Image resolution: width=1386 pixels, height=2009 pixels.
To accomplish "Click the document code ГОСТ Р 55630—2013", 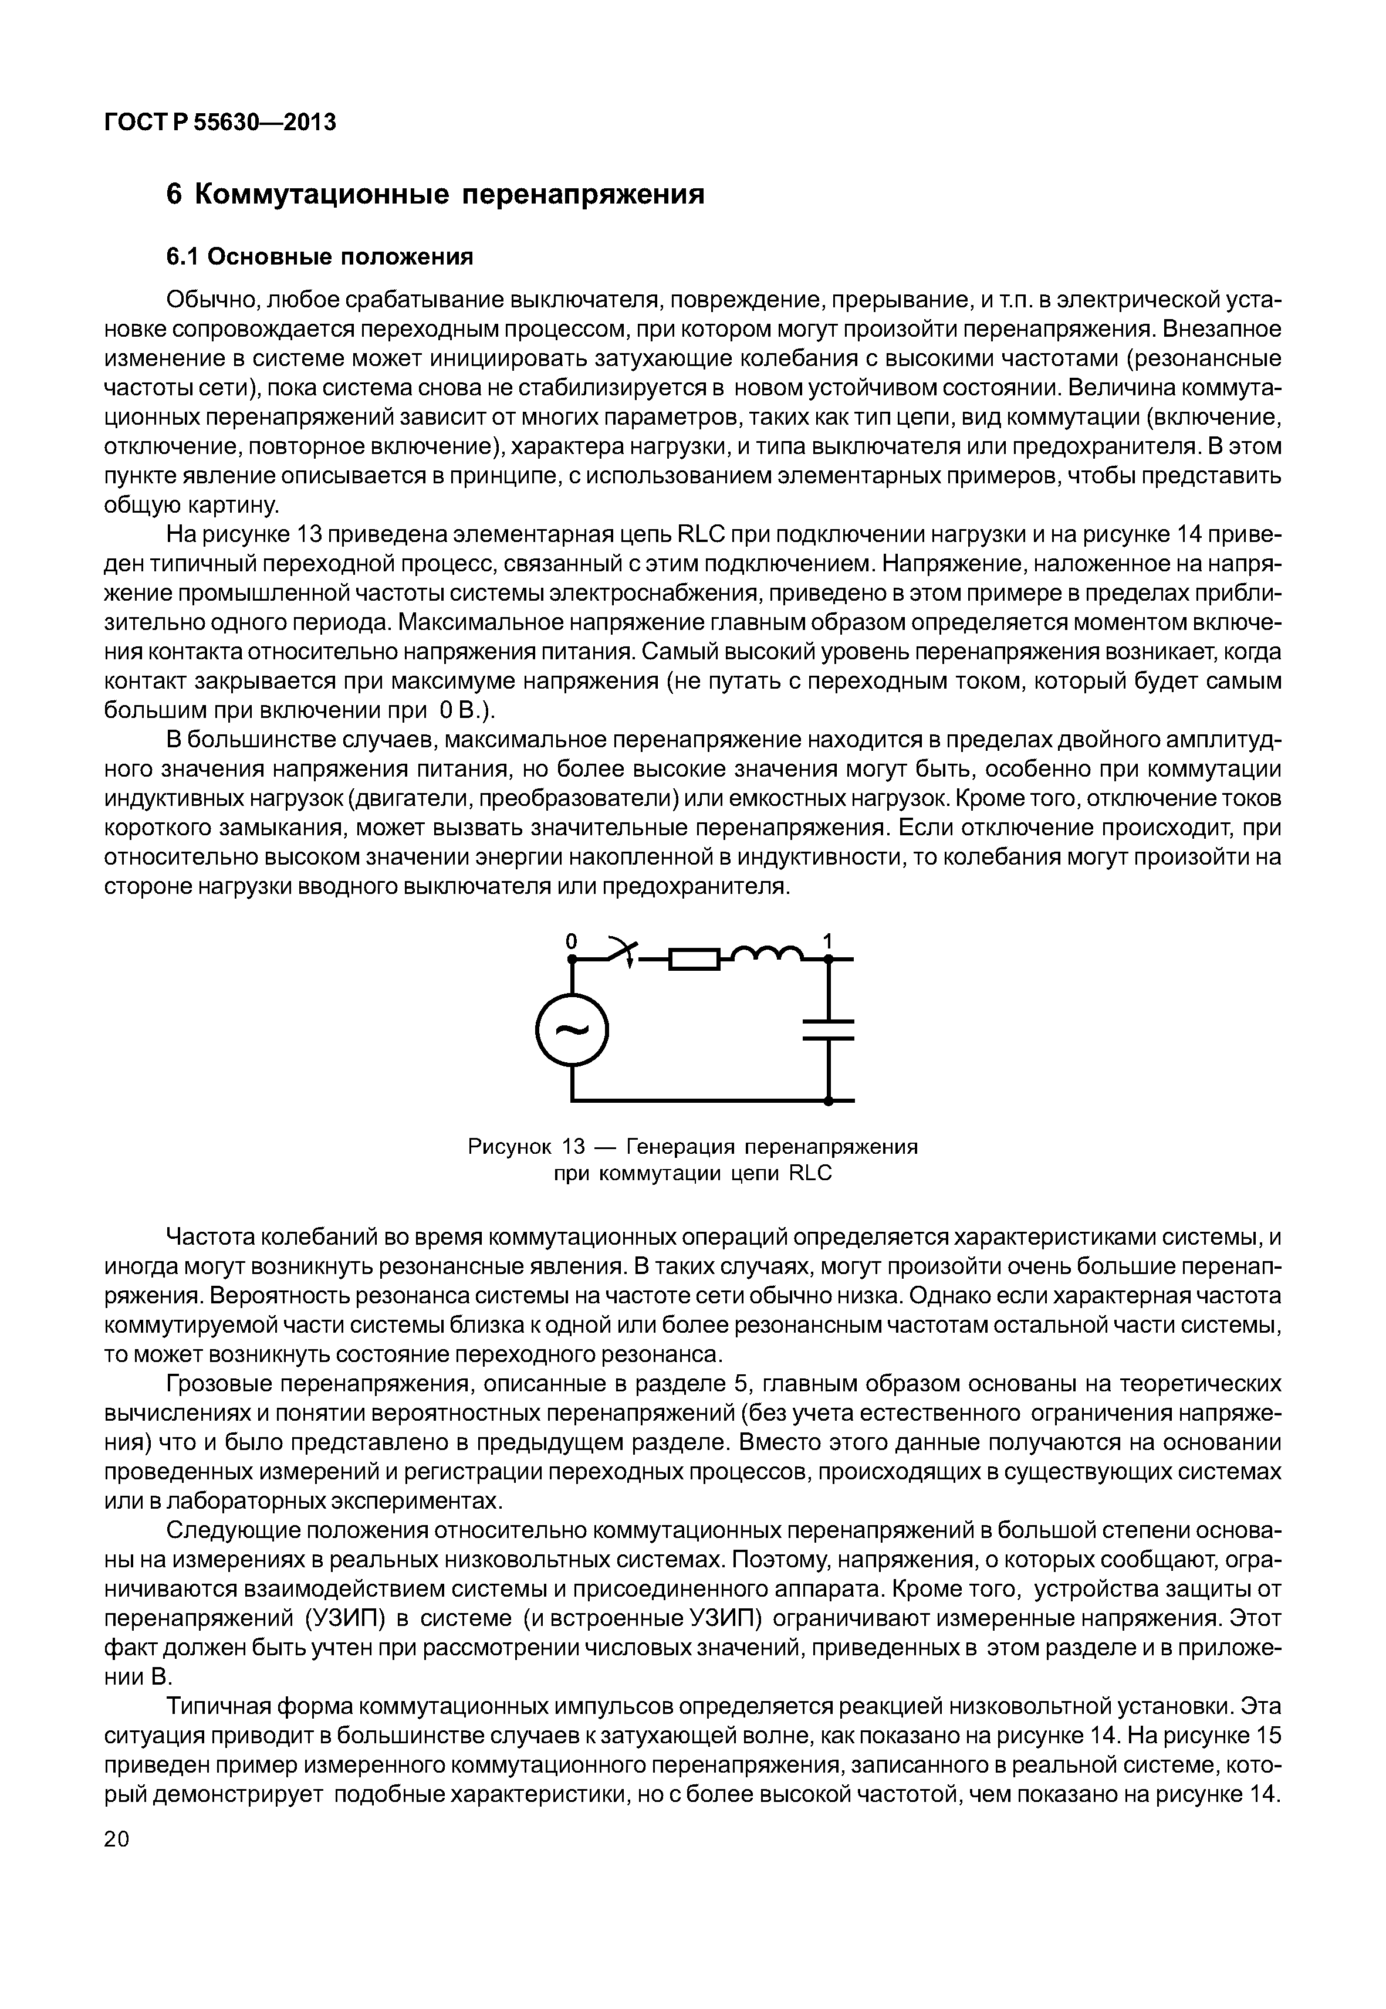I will point(219,123).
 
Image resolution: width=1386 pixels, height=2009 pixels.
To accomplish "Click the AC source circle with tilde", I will point(572,1031).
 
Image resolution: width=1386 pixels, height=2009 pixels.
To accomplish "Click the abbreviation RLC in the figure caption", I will point(810,1174).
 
